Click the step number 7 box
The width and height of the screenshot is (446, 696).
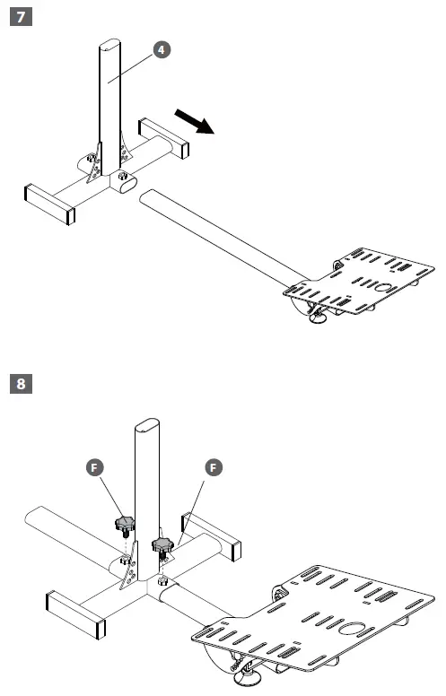(x=19, y=16)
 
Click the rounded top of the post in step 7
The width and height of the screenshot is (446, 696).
(x=109, y=45)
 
